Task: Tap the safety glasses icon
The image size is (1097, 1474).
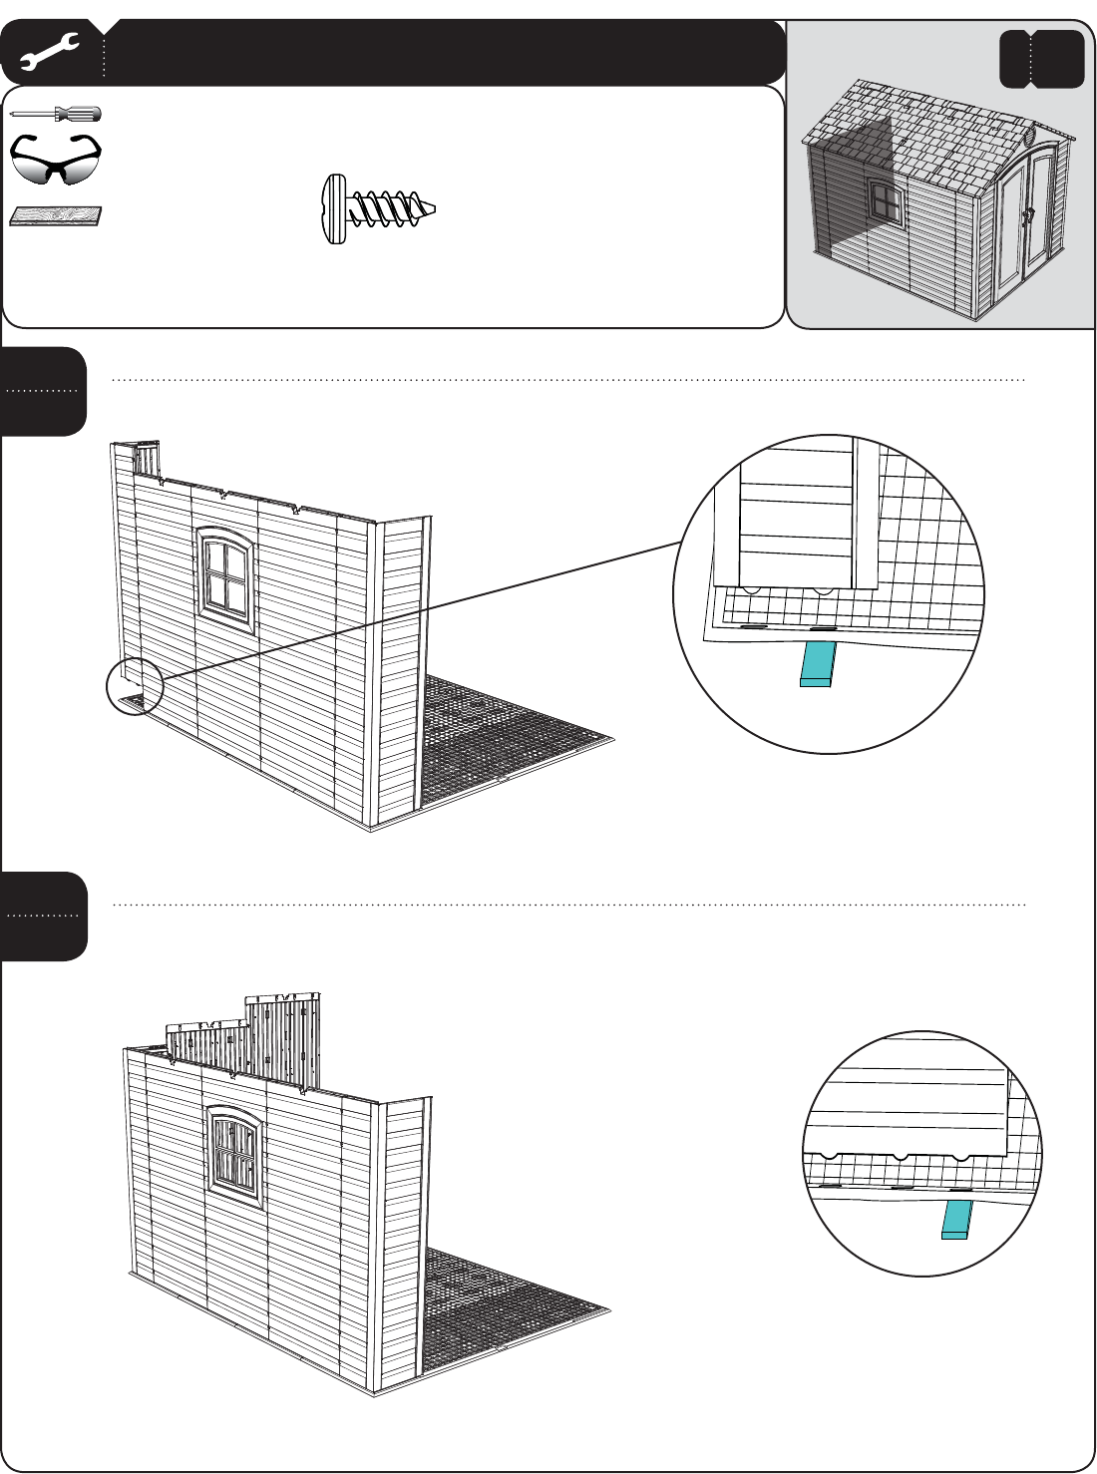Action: tap(56, 160)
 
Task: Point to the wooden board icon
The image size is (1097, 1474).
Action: tap(56, 216)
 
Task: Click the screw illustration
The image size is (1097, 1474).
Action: tap(379, 208)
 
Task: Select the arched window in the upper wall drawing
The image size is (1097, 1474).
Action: tap(226, 576)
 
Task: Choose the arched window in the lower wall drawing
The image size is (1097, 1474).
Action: tap(235, 1155)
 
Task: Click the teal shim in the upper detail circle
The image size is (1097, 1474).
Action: tap(818, 664)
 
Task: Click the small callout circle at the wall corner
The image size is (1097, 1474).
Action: tap(134, 687)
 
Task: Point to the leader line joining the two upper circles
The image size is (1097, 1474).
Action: tap(419, 610)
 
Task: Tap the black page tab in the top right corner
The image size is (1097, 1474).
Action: tap(1041, 59)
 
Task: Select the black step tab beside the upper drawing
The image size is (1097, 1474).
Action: tap(44, 391)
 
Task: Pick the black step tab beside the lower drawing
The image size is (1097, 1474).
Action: tap(44, 916)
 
